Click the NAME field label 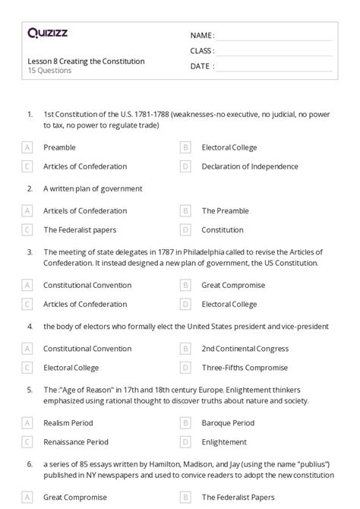[x=201, y=36]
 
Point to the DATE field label [x=200, y=66]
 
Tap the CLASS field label [x=201, y=51]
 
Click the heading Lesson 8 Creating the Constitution [x=85, y=61]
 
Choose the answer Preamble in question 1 [x=59, y=147]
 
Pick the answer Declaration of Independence [x=250, y=166]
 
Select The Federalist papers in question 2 [x=80, y=229]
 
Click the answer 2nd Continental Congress [x=245, y=349]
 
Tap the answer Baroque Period [x=228, y=423]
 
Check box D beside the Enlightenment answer [x=185, y=442]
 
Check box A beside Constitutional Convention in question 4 [x=27, y=349]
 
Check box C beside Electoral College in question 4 [x=27, y=368]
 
